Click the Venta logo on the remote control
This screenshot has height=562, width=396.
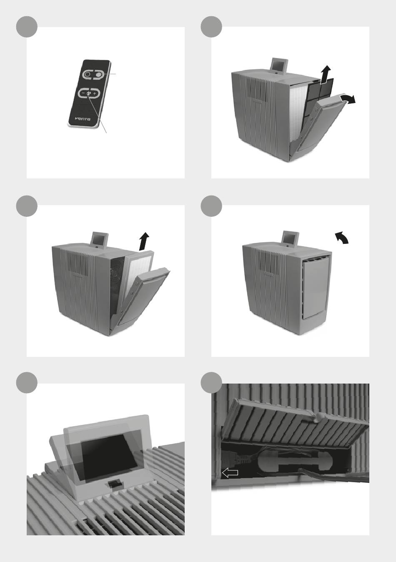point(83,119)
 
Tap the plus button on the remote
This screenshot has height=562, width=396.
point(95,93)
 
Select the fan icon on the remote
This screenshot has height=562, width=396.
point(89,93)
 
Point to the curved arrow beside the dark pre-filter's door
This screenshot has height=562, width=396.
point(348,99)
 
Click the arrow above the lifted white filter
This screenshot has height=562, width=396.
point(144,241)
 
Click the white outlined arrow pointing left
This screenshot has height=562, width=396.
point(230,473)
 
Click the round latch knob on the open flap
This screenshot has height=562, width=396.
point(317,417)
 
